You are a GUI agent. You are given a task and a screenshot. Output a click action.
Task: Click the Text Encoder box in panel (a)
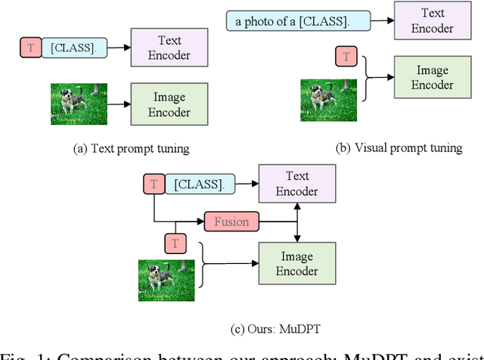169,48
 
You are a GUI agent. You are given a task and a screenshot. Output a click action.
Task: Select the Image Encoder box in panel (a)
169,104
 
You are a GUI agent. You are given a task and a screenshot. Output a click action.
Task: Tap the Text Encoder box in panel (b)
433,20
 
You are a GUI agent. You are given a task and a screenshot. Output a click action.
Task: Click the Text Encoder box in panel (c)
296,184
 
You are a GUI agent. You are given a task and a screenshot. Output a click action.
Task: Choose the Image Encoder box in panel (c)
296,263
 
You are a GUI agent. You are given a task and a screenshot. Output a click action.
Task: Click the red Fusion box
231,222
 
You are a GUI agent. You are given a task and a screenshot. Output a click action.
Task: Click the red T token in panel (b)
346,56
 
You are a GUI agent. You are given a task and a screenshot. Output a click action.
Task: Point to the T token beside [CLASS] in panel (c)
154,183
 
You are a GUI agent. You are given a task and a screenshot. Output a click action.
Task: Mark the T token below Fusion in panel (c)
175,243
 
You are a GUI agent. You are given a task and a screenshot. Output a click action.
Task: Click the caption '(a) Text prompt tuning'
130,149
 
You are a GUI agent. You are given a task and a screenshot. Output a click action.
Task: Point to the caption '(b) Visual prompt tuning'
399,148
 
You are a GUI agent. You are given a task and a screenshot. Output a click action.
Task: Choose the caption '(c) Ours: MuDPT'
262,329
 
